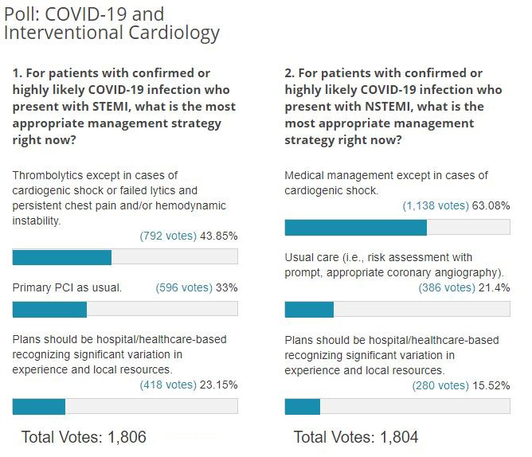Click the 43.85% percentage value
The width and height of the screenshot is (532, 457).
[x=217, y=236]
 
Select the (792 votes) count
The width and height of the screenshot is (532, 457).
[x=167, y=236]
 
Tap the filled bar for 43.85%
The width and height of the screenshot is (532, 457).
[x=62, y=257]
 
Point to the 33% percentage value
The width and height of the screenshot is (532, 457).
[x=227, y=287]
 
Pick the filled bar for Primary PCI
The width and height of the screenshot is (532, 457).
[x=49, y=309]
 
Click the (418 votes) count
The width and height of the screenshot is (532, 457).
[x=168, y=385]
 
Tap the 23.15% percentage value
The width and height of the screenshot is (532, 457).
[x=218, y=385]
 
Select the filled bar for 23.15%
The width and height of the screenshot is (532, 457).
[x=39, y=406]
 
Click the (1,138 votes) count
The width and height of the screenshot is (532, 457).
[x=436, y=205]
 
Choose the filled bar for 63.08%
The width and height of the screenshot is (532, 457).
[x=356, y=227]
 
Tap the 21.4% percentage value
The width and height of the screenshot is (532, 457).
[x=494, y=287]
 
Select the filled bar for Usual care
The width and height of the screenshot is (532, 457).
[x=309, y=309]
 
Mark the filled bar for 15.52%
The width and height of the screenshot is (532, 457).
[x=303, y=406]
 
